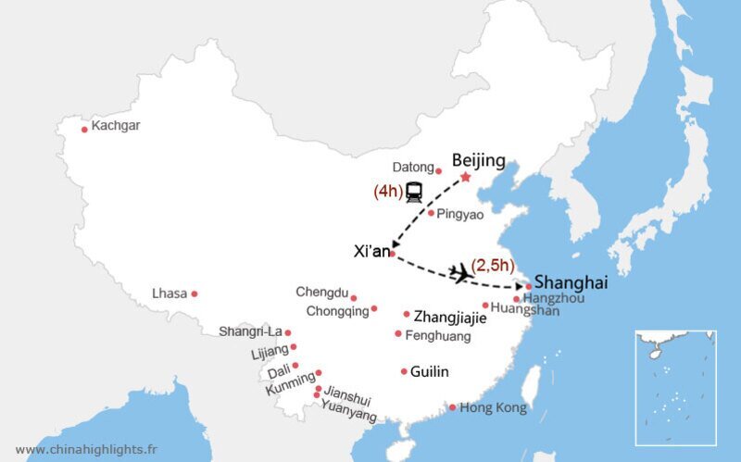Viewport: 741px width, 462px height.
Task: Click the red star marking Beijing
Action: [x=465, y=177]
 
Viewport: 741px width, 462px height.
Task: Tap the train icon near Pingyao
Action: [x=414, y=192]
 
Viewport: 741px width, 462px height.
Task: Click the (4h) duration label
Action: [x=387, y=192]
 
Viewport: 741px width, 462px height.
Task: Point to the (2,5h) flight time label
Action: [x=493, y=266]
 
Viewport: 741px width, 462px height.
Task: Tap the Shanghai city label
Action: [x=571, y=282]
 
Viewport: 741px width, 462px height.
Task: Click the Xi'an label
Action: [x=371, y=251]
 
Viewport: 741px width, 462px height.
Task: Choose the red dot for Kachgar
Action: [x=84, y=130]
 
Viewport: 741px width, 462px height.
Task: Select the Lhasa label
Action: [x=170, y=293]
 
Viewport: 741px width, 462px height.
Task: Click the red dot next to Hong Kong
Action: [x=452, y=407]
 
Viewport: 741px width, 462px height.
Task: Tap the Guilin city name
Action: [x=430, y=371]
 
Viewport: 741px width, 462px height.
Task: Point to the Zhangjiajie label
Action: [x=450, y=315]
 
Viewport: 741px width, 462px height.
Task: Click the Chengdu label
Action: [x=321, y=293]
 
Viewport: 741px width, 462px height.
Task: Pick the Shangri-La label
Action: [x=250, y=331]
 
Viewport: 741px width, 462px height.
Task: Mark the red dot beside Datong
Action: [x=439, y=171]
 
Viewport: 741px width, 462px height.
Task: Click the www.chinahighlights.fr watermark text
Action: [x=86, y=449]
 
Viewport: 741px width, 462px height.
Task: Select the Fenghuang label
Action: [x=438, y=335]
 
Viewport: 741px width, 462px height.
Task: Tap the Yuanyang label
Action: [x=349, y=412]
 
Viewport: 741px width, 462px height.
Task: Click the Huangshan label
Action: [x=525, y=310]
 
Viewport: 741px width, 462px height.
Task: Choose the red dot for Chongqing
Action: [x=374, y=308]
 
